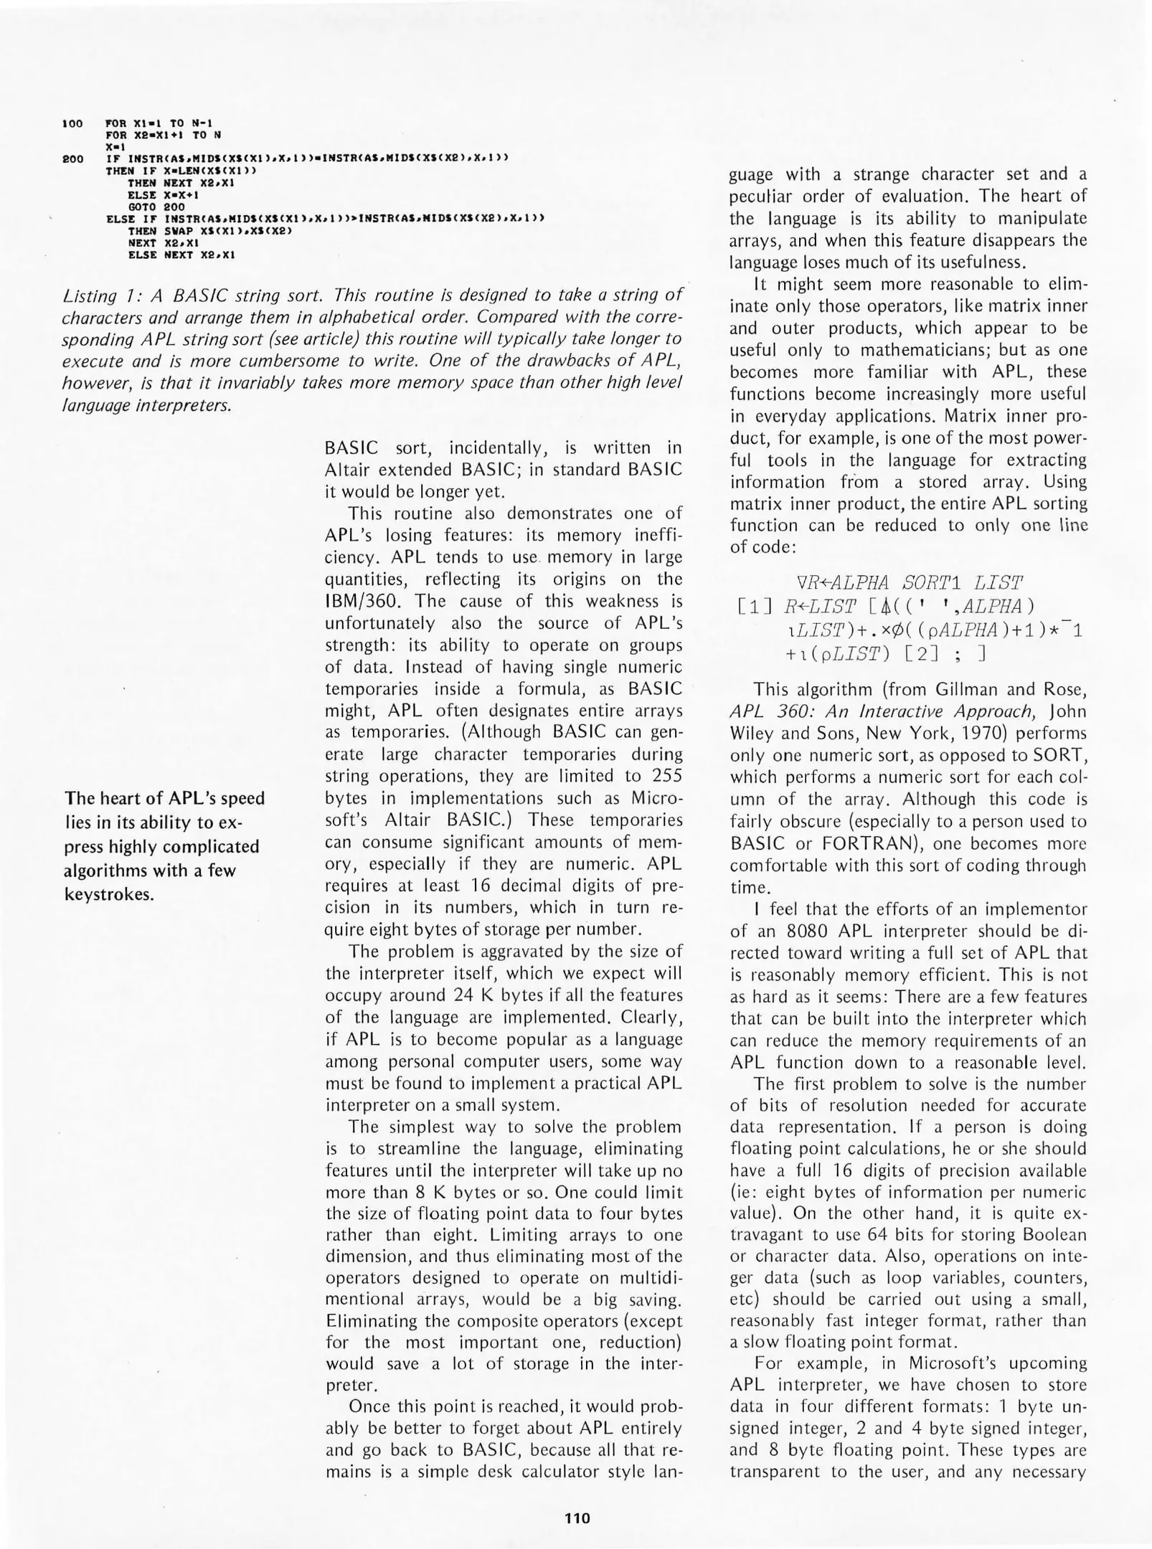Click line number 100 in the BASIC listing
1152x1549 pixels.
point(74,123)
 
